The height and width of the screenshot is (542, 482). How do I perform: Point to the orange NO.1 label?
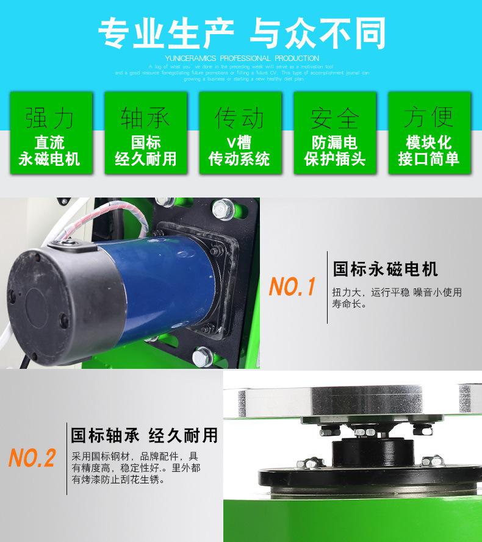click(x=292, y=286)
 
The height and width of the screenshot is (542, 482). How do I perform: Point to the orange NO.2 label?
click(x=32, y=457)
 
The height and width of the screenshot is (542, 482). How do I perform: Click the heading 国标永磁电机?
click(x=385, y=269)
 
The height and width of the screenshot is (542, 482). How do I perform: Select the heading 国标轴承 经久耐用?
click(x=145, y=435)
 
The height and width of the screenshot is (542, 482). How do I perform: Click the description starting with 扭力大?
click(x=397, y=297)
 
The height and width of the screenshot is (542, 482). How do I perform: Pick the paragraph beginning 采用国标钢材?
click(x=135, y=468)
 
